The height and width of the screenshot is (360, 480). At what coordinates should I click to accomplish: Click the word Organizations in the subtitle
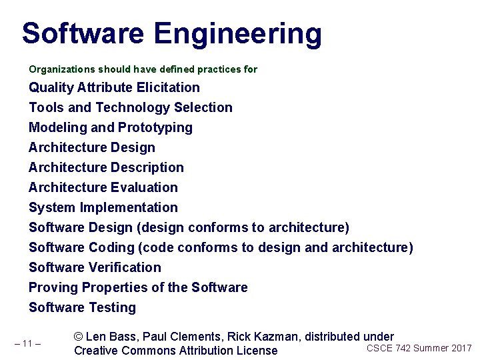click(62, 69)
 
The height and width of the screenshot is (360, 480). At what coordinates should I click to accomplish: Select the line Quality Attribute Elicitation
click(114, 87)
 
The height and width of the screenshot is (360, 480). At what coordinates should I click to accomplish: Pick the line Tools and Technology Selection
click(131, 107)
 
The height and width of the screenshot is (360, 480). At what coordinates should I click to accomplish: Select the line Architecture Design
click(92, 147)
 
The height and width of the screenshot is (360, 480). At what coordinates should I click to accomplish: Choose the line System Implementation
click(103, 207)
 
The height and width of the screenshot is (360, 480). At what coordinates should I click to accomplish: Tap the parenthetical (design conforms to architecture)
click(243, 227)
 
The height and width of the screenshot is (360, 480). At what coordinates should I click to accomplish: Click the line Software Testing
click(82, 307)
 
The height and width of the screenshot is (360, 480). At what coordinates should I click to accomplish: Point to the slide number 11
click(27, 344)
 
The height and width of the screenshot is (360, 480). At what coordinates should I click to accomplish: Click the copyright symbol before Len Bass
click(79, 337)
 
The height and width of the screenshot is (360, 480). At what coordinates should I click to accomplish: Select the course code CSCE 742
click(388, 348)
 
